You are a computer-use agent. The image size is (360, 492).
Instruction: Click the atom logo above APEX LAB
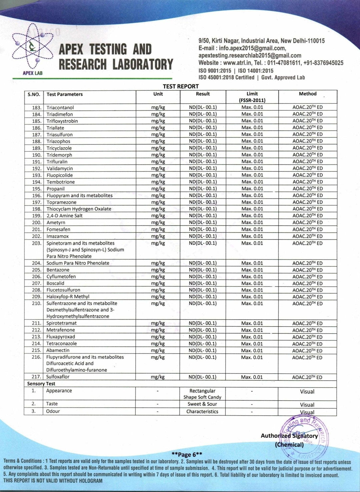pyautogui.click(x=32, y=46)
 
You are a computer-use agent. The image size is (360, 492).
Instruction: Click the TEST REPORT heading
pyautogui.click(x=181, y=86)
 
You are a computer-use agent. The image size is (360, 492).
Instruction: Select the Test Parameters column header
pyautogui.click(x=65, y=94)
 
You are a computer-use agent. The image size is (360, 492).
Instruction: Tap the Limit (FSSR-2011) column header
pyautogui.click(x=252, y=97)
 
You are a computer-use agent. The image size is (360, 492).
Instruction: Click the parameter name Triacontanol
pyautogui.click(x=60, y=108)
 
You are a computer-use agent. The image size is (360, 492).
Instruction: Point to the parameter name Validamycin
pyautogui.click(x=60, y=168)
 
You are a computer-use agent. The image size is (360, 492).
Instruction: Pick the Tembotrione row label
pyautogui.click(x=61, y=182)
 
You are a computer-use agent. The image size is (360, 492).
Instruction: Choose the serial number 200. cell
pyautogui.click(x=37, y=222)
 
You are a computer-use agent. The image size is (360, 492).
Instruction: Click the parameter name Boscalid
pyautogui.click(x=55, y=283)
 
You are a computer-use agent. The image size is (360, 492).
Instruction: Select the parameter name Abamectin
pyautogui.click(x=58, y=350)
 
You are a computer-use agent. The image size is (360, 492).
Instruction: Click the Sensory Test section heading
pyautogui.click(x=41, y=384)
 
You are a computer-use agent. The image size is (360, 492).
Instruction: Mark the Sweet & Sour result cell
pyautogui.click(x=202, y=404)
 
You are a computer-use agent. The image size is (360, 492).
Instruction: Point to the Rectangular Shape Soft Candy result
pyautogui.click(x=202, y=394)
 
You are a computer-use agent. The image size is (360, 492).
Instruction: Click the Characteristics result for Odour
pyautogui.click(x=202, y=412)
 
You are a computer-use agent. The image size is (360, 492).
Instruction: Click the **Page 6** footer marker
pyautogui.click(x=187, y=454)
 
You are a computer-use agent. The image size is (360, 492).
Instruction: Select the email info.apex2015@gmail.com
pyautogui.click(x=252, y=48)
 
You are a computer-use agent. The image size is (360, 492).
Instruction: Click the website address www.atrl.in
pyautogui.click(x=237, y=63)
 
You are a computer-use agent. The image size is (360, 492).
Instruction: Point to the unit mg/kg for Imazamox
pyautogui.click(x=158, y=236)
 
